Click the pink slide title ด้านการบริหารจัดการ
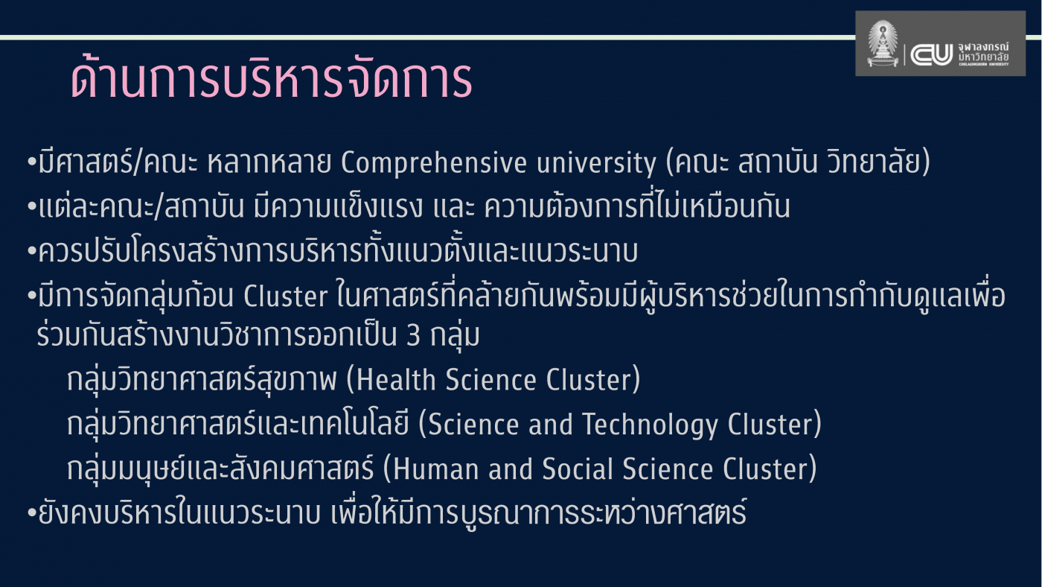[271, 79]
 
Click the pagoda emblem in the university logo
[883, 45]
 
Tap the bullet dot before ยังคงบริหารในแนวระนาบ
[31, 515]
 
